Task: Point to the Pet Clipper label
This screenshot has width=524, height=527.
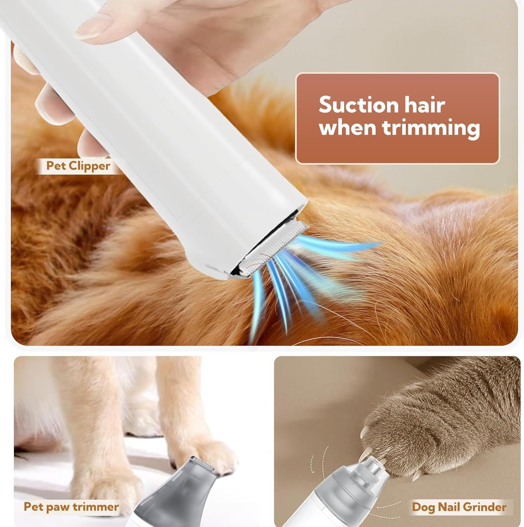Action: point(78,166)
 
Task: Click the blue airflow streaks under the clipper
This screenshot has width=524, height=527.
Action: point(306,278)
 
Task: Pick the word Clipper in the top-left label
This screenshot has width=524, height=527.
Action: point(90,166)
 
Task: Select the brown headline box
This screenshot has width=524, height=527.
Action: point(397,118)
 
